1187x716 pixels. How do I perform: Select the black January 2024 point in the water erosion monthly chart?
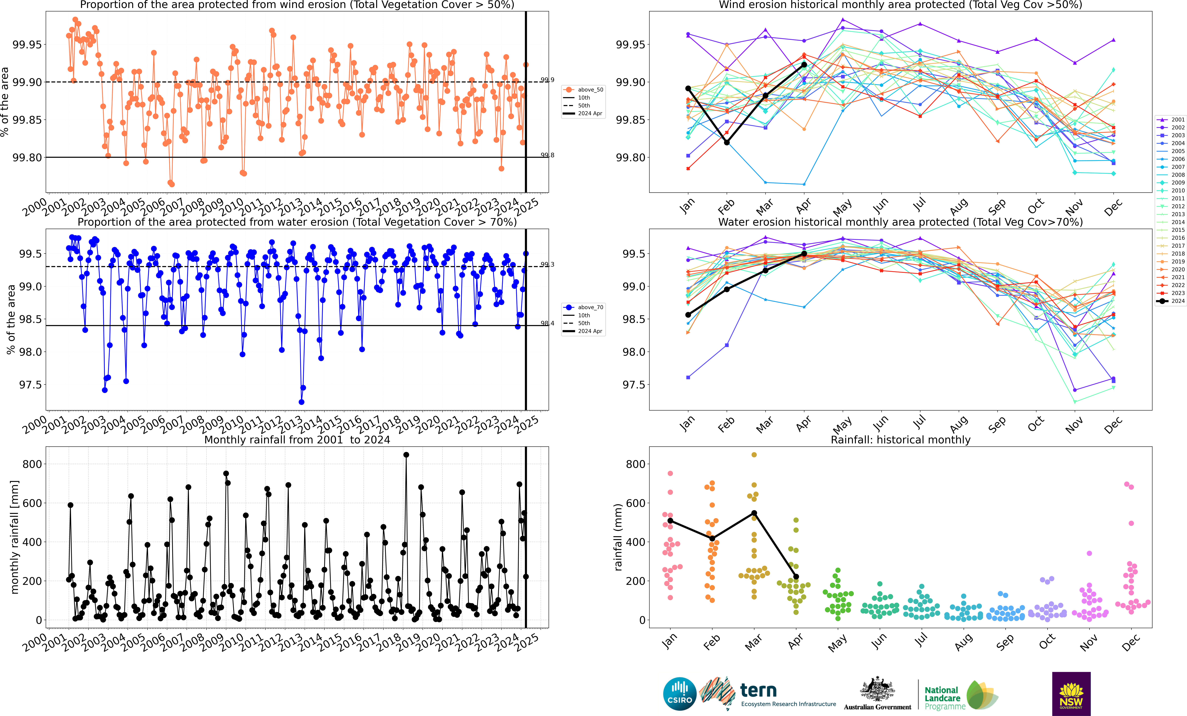pyautogui.click(x=688, y=315)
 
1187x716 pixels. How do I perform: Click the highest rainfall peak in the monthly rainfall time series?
pyautogui.click(x=406, y=455)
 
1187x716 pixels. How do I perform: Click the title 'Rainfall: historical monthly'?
pyautogui.click(x=900, y=440)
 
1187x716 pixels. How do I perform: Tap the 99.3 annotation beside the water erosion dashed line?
pyautogui.click(x=547, y=264)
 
